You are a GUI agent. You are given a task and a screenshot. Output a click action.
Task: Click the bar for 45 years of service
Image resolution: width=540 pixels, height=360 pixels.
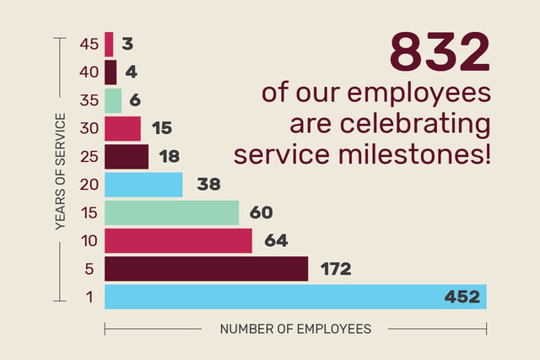pyautogui.click(x=109, y=44)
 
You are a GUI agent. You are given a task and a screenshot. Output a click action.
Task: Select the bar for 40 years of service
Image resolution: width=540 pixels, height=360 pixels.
pyautogui.click(x=111, y=73)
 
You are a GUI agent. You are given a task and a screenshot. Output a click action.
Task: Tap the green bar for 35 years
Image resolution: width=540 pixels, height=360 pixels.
pyautogui.click(x=113, y=100)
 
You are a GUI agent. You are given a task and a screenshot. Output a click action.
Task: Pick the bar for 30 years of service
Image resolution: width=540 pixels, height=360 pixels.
pyautogui.click(x=122, y=128)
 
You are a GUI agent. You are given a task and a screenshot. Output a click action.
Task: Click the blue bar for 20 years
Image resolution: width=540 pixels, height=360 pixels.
pyautogui.click(x=143, y=184)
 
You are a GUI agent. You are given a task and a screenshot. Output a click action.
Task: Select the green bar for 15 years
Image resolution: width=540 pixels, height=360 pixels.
pyautogui.click(x=171, y=212)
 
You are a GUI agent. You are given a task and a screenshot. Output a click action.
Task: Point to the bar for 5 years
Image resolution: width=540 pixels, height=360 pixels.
pyautogui.click(x=206, y=268)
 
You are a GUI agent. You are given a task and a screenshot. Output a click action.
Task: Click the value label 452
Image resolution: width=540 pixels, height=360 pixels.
pyautogui.click(x=462, y=297)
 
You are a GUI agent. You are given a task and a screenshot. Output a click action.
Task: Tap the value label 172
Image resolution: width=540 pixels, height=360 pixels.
pyautogui.click(x=336, y=269)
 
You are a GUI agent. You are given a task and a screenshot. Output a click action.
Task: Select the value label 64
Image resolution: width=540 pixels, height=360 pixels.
pyautogui.click(x=276, y=240)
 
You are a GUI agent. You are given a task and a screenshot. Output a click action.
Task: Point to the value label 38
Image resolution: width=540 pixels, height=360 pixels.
pyautogui.click(x=208, y=184)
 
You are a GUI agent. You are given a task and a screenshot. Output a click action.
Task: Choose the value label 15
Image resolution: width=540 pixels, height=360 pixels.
pyautogui.click(x=162, y=128)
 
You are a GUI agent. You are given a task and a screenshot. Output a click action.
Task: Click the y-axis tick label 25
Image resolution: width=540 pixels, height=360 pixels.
pyautogui.click(x=89, y=157)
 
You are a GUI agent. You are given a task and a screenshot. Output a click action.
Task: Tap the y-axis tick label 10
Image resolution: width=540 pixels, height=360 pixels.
pyautogui.click(x=89, y=241)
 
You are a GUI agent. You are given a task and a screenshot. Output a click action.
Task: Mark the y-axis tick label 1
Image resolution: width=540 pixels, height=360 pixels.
pyautogui.click(x=89, y=297)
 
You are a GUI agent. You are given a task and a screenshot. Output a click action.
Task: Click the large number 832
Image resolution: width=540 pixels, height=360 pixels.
pyautogui.click(x=439, y=52)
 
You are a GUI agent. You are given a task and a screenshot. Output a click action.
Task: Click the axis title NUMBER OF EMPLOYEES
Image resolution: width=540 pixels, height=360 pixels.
pyautogui.click(x=295, y=329)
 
